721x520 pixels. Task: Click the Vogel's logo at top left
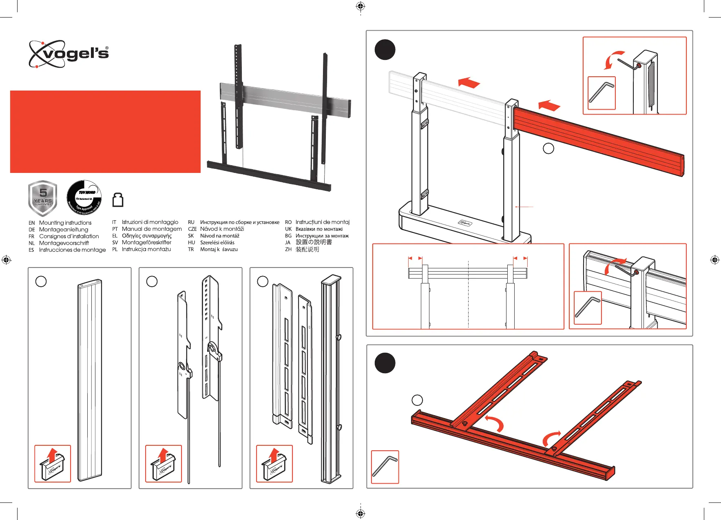[x=69, y=54]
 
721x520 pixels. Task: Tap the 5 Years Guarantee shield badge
[x=42, y=198]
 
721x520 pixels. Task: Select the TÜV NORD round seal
[x=84, y=198]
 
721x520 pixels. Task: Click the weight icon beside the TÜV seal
[x=118, y=200]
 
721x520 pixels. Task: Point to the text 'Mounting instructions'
[x=65, y=223]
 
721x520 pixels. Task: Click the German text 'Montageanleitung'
[x=64, y=230]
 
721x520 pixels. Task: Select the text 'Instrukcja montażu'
[x=146, y=249]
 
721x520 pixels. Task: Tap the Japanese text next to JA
[x=314, y=242]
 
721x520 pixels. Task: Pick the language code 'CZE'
[x=192, y=229]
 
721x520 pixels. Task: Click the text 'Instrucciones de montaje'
[x=72, y=250]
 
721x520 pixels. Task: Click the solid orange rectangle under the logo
[x=105, y=132]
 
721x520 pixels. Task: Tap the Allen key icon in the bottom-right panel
[x=385, y=467]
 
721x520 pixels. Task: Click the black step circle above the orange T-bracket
[x=385, y=363]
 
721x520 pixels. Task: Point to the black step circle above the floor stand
[x=385, y=50]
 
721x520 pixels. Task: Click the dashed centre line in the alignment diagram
[x=469, y=294]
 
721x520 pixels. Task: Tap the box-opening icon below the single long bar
[x=53, y=464]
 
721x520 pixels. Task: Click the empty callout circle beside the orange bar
[x=548, y=148]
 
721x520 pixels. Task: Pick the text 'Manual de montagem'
[x=152, y=229]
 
